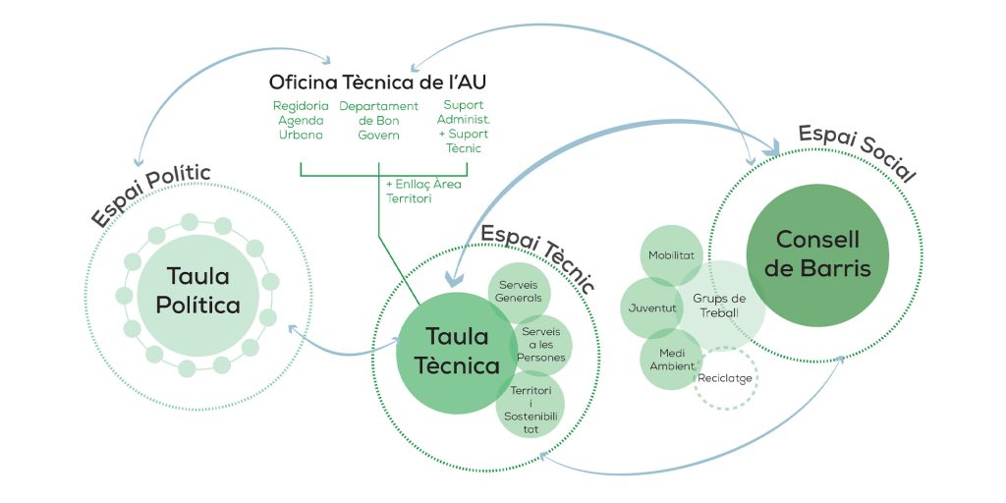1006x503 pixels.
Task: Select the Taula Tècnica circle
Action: point(448,352)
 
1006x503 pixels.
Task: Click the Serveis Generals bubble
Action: point(519,291)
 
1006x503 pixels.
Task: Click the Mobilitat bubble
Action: point(671,255)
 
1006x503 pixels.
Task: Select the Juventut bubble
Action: point(651,307)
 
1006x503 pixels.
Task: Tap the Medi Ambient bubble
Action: point(671,360)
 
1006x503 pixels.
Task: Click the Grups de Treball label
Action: point(720,304)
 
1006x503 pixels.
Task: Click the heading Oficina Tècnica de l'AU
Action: point(377,82)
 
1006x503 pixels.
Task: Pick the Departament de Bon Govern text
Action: point(378,120)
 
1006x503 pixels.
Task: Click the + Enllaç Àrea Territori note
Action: point(423,191)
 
